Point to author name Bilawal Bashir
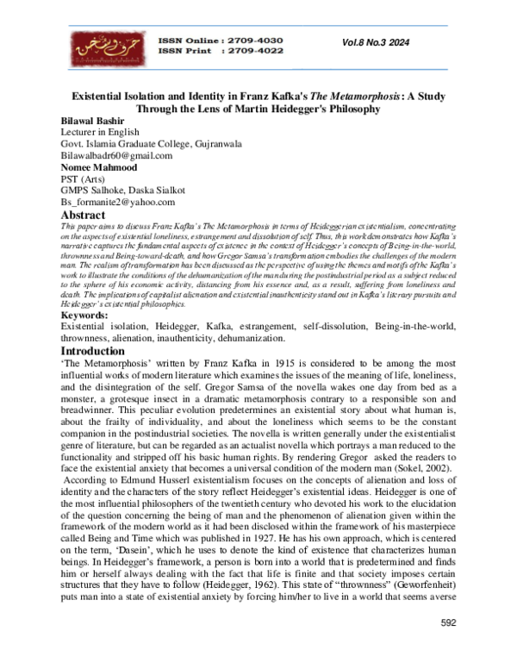(91, 122)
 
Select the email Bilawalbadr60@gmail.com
(116, 156)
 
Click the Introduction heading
(97, 352)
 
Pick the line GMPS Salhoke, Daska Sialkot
(121, 191)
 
